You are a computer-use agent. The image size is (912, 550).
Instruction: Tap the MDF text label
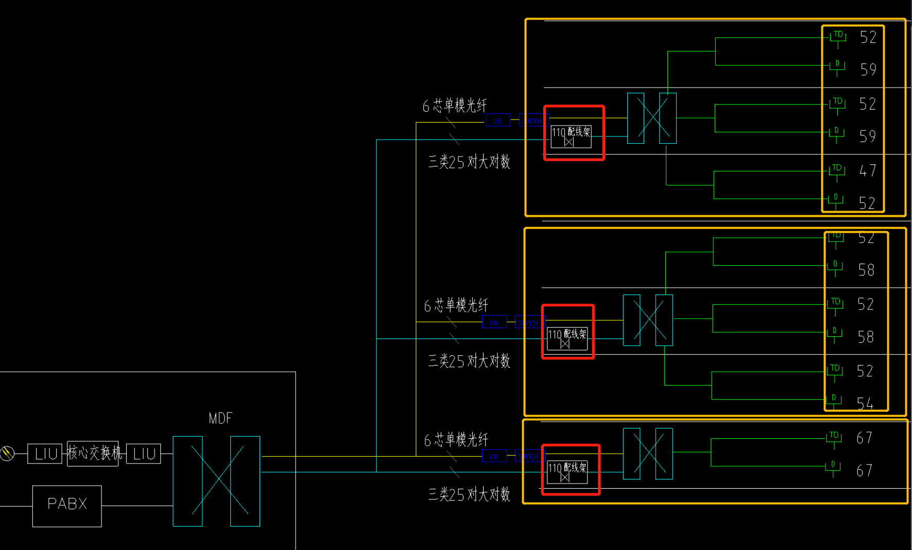(220, 418)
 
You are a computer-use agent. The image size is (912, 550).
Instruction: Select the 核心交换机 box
(93, 453)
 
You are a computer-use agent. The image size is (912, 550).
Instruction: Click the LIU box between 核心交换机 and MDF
(144, 454)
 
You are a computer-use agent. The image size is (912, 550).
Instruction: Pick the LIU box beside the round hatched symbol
(45, 454)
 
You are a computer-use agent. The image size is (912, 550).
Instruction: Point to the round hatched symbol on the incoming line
(7, 453)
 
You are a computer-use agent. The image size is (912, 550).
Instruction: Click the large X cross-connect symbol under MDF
(216, 481)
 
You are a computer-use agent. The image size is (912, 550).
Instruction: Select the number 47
(868, 170)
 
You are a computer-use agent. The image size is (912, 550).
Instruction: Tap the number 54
(865, 403)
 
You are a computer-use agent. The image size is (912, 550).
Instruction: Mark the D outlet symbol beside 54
(834, 399)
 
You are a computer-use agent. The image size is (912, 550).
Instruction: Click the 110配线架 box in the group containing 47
(571, 136)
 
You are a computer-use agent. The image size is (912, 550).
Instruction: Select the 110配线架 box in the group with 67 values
(567, 472)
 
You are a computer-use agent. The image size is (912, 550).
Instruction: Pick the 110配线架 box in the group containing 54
(567, 338)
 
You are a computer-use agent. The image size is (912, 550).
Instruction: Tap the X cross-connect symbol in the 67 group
(648, 454)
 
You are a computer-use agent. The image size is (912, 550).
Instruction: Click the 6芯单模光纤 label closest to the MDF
(456, 440)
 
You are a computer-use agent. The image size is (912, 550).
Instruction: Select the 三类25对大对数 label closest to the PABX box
(469, 494)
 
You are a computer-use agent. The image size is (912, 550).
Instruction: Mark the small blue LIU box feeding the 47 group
(498, 121)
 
